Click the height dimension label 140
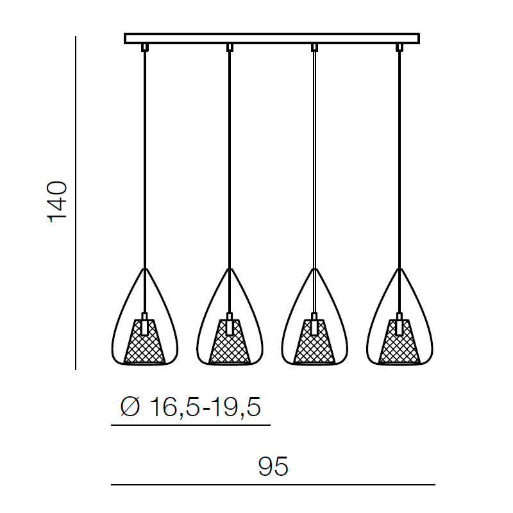coord(58,202)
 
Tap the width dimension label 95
coord(273,466)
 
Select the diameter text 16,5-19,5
coord(205,407)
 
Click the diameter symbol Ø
coord(130,407)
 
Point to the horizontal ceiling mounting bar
coord(272,38)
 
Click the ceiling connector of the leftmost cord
coord(145,47)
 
